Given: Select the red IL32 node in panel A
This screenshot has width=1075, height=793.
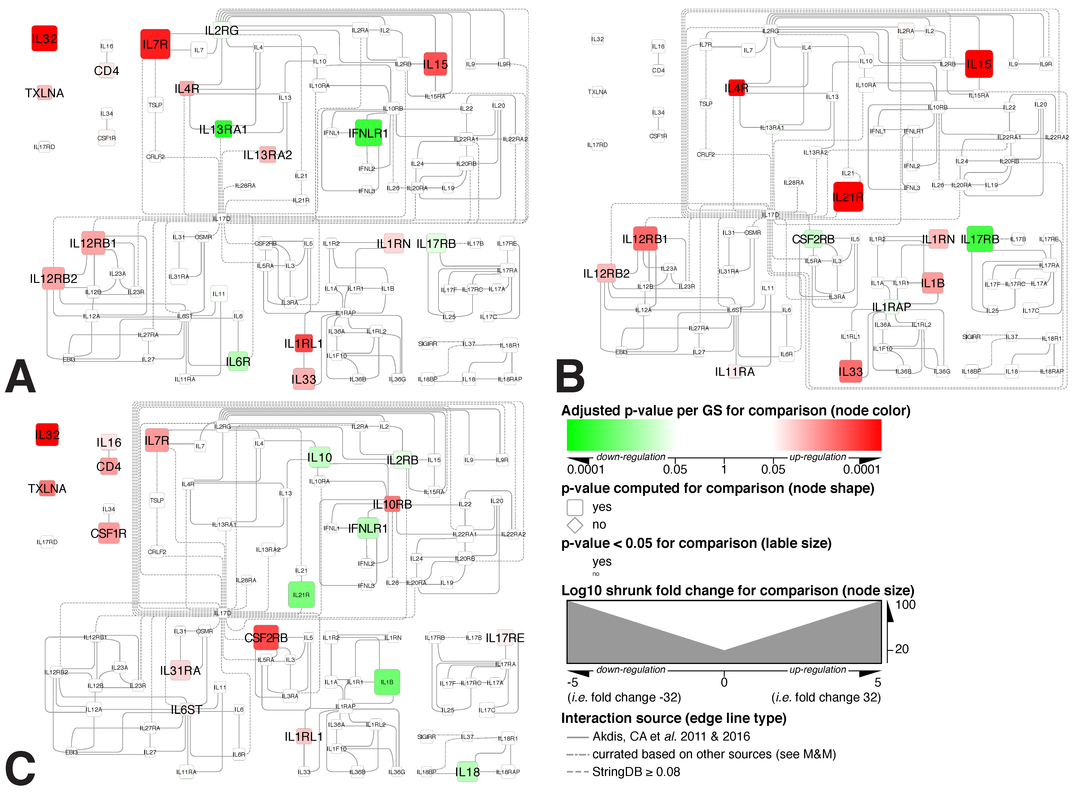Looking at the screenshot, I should tap(44, 38).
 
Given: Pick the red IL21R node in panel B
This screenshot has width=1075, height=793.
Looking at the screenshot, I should tap(848, 197).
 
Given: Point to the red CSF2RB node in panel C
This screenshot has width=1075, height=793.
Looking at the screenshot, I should tap(266, 638).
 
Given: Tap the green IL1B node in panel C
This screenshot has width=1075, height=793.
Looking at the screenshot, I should tap(387, 682).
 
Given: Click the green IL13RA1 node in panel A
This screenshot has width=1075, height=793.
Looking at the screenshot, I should tap(223, 129).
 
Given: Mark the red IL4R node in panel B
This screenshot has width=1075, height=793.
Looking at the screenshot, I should tap(736, 88).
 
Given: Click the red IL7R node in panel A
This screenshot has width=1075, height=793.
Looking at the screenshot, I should tap(155, 44).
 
